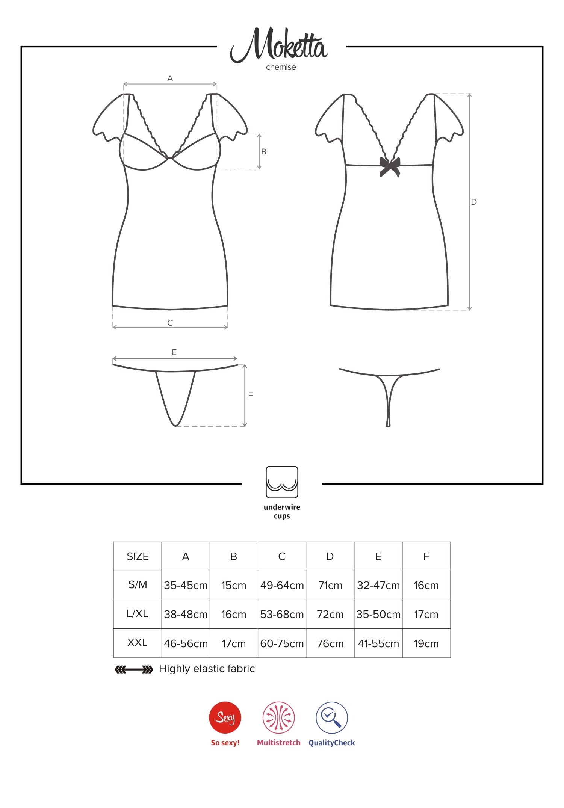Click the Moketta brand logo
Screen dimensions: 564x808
(x=279, y=45)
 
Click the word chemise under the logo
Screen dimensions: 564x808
(x=281, y=67)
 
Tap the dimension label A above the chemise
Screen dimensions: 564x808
(x=170, y=79)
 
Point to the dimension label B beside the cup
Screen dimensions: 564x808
(x=264, y=152)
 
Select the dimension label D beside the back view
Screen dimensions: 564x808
(x=474, y=202)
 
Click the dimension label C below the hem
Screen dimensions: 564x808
(x=170, y=323)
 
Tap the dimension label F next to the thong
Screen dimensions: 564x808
(x=251, y=395)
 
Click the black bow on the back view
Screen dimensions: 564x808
(x=390, y=166)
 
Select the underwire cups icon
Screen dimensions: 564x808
(x=282, y=482)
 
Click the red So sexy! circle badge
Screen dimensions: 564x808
(x=225, y=717)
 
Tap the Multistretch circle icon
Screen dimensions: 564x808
(x=278, y=717)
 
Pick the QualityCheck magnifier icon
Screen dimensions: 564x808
(x=332, y=717)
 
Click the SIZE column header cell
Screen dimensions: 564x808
(x=138, y=556)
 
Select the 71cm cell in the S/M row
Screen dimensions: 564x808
(x=330, y=585)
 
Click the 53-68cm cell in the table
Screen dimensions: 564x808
(x=282, y=614)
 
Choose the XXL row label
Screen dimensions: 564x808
(x=138, y=643)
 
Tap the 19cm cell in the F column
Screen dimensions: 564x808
(x=426, y=643)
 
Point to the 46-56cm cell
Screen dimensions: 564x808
(x=186, y=643)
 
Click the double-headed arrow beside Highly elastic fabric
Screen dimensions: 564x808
(x=134, y=669)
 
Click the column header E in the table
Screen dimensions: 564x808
(x=378, y=556)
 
